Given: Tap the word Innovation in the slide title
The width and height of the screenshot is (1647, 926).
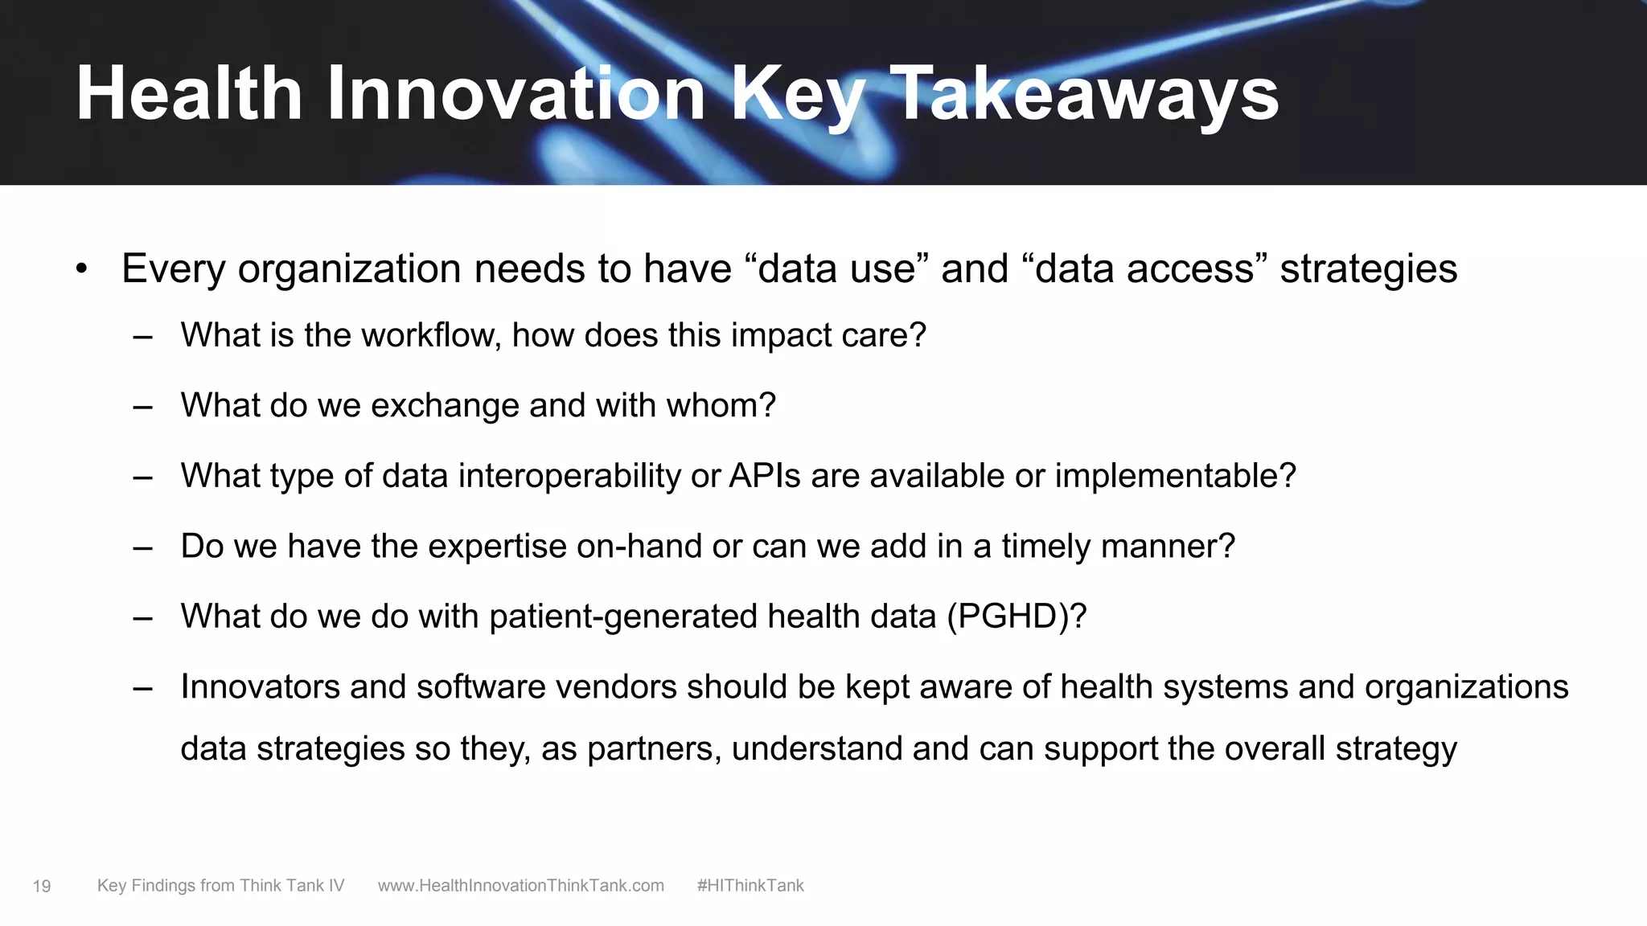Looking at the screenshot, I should [515, 95].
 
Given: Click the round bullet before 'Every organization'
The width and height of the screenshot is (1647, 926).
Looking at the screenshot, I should [81, 270].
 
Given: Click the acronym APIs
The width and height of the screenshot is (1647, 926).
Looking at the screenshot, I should [765, 476].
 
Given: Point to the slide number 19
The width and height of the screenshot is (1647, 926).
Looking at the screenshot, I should [42, 887].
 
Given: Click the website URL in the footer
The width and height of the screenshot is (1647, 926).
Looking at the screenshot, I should [521, 886].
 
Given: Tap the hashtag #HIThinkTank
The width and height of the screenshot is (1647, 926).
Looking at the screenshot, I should [750, 886].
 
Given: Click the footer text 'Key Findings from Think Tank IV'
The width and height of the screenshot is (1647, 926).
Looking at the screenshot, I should [220, 886].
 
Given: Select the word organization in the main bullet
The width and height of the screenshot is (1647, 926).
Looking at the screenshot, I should [350, 270].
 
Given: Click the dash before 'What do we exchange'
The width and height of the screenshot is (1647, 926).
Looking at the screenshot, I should [143, 407].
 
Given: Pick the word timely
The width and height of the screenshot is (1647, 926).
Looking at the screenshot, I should [1046, 547].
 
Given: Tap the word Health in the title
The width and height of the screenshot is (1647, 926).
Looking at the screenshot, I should [189, 95].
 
